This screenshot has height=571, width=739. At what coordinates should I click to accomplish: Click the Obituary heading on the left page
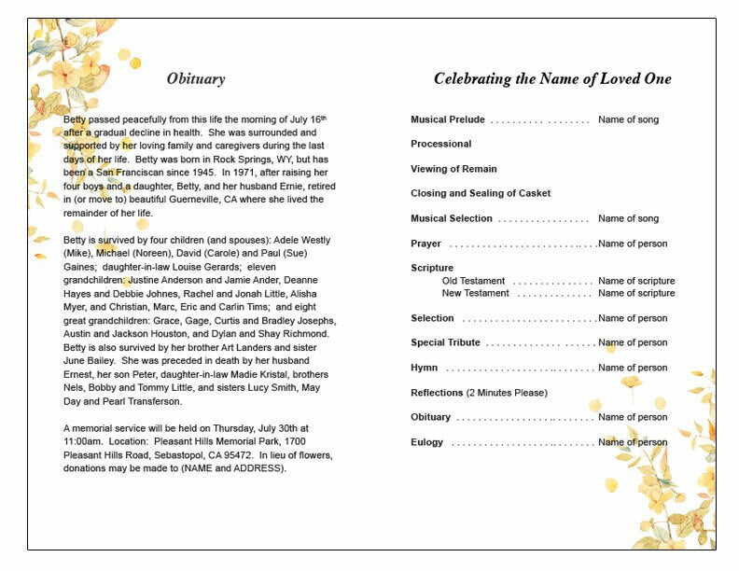tap(196, 79)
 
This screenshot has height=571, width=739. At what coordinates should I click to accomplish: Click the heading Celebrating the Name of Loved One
tap(552, 79)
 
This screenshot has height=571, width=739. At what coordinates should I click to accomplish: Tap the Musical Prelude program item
tap(448, 120)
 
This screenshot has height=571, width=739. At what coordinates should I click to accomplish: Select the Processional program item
tap(441, 145)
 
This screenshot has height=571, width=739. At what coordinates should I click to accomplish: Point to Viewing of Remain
tap(453, 169)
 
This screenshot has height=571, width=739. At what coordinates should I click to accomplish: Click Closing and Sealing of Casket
tap(481, 193)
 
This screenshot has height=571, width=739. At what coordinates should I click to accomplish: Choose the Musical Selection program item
tap(452, 218)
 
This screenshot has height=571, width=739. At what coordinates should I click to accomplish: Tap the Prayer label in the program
tap(426, 244)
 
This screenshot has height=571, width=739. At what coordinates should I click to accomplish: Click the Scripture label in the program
tap(432, 269)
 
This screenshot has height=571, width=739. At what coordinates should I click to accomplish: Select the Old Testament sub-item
tap(474, 281)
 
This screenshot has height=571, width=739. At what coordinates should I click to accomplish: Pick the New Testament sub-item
tap(476, 293)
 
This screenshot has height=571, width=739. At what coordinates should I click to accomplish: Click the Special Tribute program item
tap(446, 342)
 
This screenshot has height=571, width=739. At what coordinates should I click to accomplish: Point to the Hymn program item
tap(425, 368)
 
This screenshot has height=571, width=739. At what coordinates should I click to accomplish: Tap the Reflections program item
tap(438, 393)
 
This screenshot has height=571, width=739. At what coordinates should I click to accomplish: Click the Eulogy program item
tap(427, 442)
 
